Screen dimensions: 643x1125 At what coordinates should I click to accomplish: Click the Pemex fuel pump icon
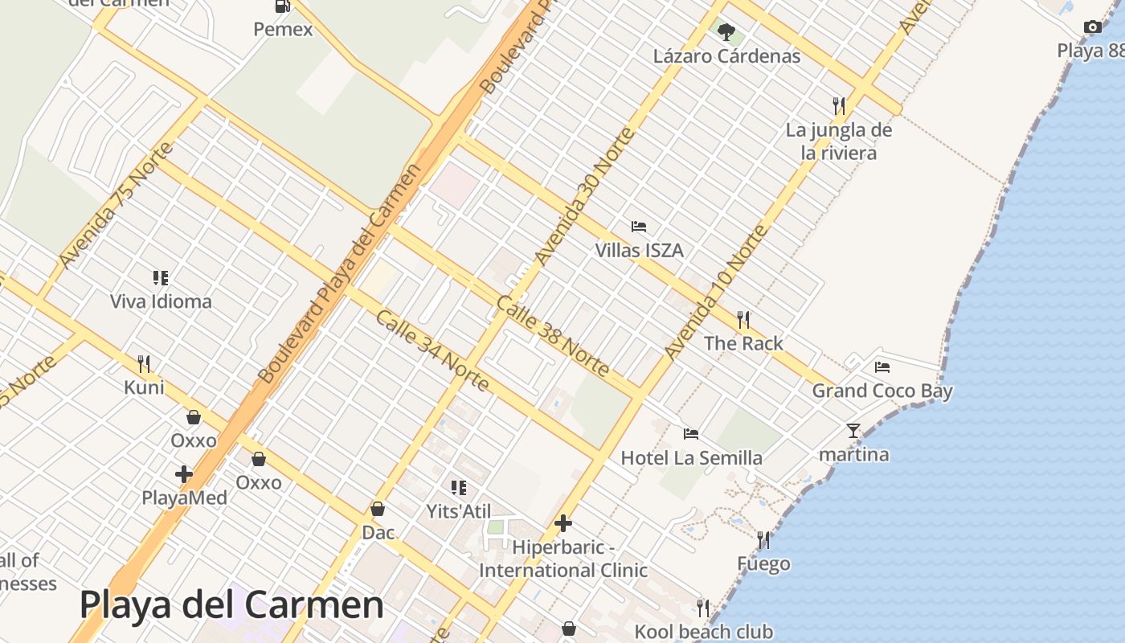(282, 6)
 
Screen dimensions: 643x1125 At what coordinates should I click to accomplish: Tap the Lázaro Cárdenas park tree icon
(726, 33)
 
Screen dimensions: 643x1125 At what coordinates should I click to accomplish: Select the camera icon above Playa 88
(1092, 27)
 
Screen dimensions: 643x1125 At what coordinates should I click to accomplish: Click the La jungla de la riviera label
(839, 141)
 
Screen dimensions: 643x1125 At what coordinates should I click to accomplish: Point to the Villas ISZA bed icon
(639, 227)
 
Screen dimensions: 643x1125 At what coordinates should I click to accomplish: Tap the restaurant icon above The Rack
(743, 320)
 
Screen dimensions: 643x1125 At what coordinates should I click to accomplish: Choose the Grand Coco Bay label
(882, 391)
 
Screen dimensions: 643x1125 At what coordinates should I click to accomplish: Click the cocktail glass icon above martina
(853, 431)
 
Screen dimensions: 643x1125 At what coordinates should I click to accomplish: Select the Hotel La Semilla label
(692, 458)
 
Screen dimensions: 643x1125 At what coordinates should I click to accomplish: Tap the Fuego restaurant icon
(763, 539)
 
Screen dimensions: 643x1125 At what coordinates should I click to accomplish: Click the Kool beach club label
(704, 632)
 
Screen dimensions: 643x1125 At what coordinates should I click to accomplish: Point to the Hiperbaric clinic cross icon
(563, 524)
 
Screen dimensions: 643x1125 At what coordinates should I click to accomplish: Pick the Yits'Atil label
(459, 511)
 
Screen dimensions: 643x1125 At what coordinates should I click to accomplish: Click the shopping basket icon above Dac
(378, 509)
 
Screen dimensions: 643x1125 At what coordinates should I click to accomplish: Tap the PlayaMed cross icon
(184, 474)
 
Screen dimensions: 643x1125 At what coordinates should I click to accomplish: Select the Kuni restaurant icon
(144, 364)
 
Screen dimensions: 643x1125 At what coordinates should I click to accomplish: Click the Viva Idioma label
(161, 301)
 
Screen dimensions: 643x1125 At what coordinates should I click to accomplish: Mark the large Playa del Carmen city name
(231, 604)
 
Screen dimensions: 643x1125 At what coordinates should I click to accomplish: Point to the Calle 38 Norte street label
(553, 336)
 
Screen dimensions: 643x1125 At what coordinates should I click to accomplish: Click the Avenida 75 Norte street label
(116, 206)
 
